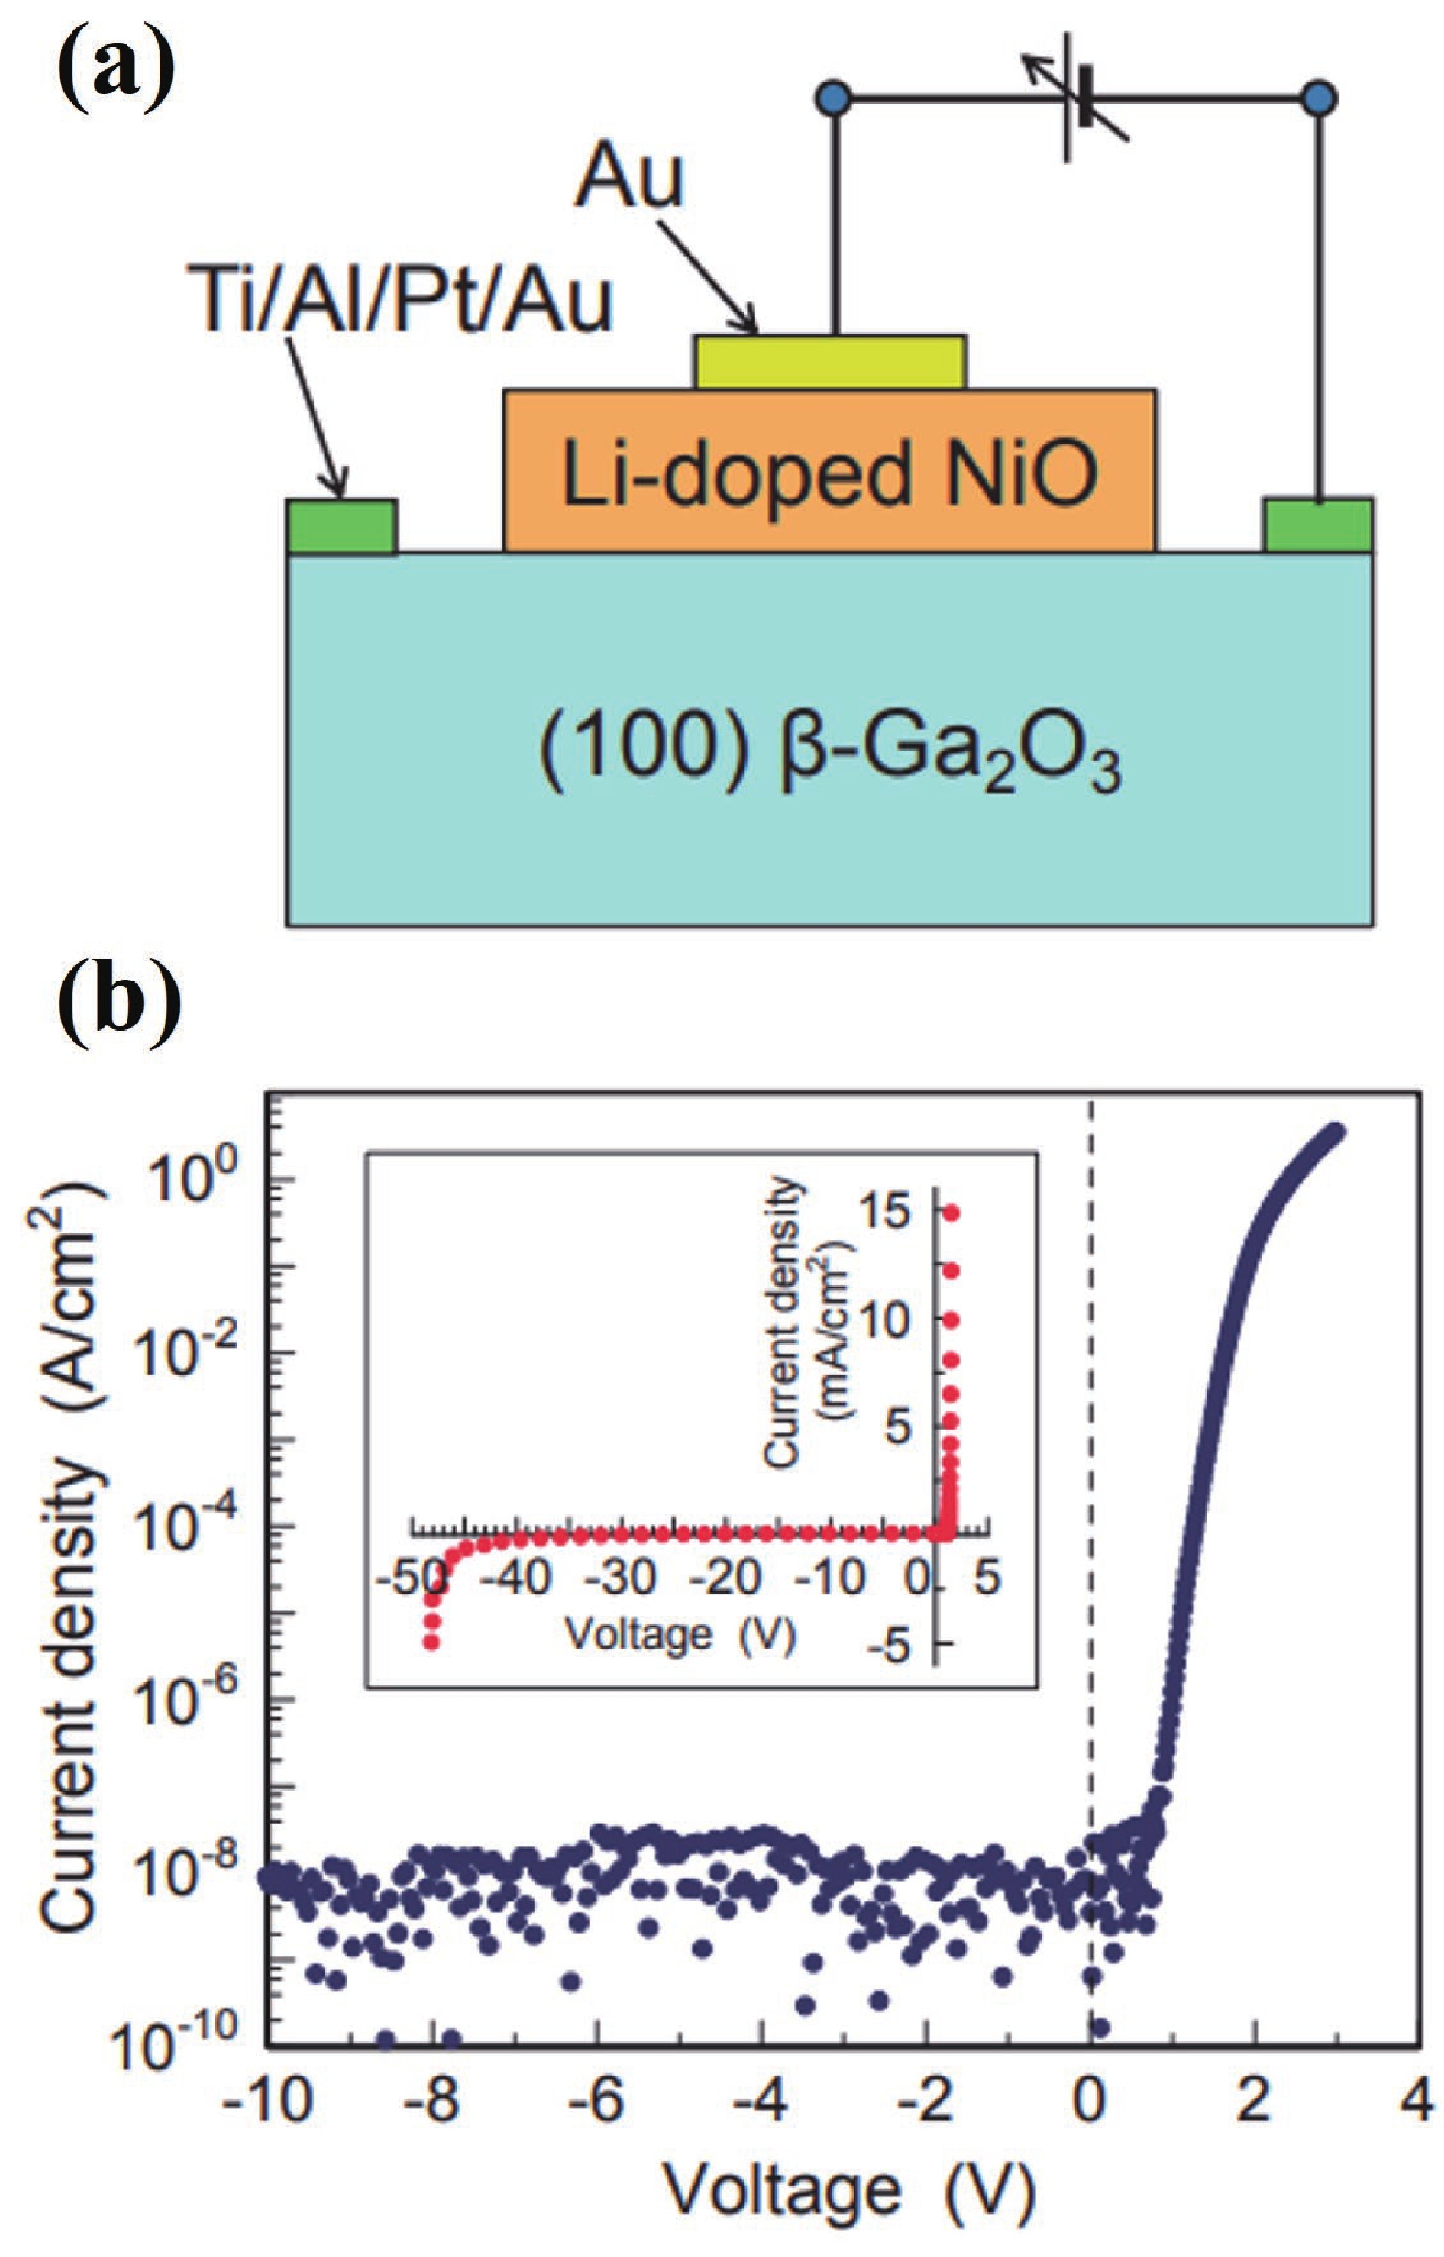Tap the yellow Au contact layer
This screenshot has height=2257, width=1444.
(830, 362)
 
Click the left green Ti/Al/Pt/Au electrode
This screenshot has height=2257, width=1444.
(341, 527)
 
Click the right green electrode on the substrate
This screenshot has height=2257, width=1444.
(1318, 527)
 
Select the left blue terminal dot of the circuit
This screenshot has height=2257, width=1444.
(833, 96)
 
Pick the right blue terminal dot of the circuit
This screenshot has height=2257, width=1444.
(1319, 96)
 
